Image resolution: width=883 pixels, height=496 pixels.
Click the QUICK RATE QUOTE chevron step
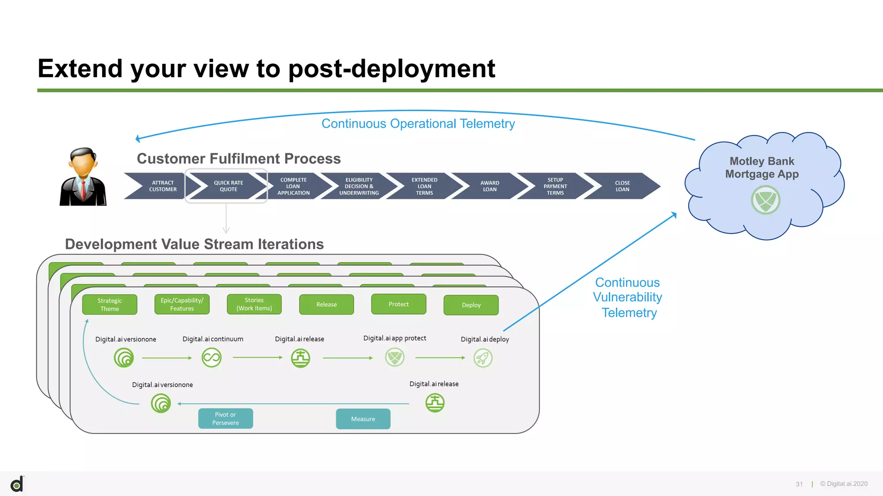click(228, 186)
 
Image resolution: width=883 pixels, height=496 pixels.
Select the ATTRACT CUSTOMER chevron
click(163, 186)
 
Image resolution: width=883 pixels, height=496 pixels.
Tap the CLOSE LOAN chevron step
click(622, 186)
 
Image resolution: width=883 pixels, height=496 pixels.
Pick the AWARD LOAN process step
click(490, 186)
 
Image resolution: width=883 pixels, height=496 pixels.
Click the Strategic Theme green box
click(110, 304)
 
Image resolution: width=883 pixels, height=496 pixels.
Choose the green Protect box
click(398, 304)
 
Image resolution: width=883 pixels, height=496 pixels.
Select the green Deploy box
click(471, 305)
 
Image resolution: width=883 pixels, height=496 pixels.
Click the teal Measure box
click(363, 419)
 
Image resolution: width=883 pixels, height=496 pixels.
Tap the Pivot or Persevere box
click(225, 418)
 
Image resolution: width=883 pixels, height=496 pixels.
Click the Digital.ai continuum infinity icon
click(211, 358)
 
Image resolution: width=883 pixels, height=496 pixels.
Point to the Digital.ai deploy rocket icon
click(483, 358)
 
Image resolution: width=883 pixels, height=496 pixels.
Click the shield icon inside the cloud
click(765, 200)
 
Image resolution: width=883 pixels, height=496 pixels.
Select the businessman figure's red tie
click(83, 189)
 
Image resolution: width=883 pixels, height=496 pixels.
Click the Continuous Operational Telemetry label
click(418, 124)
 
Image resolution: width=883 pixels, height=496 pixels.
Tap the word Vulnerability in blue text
click(627, 297)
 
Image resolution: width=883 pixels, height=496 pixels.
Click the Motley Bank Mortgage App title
click(762, 167)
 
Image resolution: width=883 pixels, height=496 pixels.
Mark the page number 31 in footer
click(799, 484)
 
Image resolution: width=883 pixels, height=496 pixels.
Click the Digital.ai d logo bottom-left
click(17, 484)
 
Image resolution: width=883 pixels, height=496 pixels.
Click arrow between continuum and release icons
click(257, 357)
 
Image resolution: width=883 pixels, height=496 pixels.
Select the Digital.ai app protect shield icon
click(395, 357)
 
